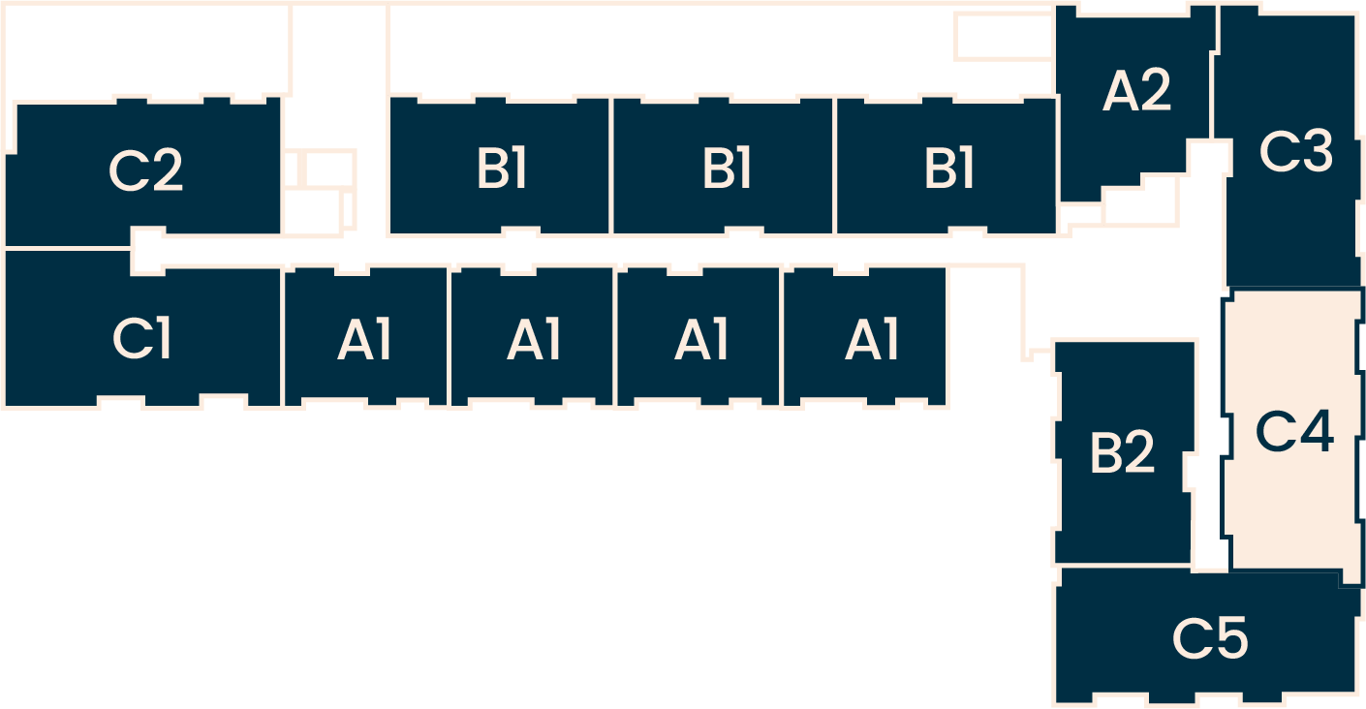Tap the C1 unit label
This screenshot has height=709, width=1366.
pyautogui.click(x=142, y=339)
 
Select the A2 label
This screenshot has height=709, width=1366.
pyautogui.click(x=1137, y=92)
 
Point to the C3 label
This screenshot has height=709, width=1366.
pyautogui.click(x=1296, y=152)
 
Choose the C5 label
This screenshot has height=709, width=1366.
pyautogui.click(x=1210, y=638)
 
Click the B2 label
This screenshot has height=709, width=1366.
pyautogui.click(x=1122, y=452)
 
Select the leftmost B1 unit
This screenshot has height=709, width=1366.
pyautogui.click(x=500, y=168)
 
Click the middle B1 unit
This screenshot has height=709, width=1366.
pyautogui.click(x=725, y=168)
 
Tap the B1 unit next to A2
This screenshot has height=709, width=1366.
pyautogui.click(x=947, y=168)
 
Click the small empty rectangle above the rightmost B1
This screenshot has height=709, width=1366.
pyautogui.click(x=1003, y=37)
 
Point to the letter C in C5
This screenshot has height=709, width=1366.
pyautogui.click(x=1191, y=638)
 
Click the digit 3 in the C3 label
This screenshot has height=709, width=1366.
pyautogui.click(x=1317, y=152)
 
